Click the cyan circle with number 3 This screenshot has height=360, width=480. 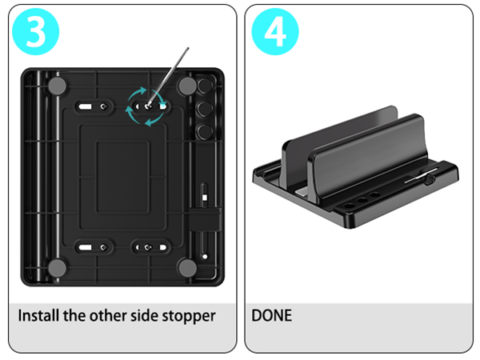click(35, 31)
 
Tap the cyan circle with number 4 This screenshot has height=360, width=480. click(275, 31)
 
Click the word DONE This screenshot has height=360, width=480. click(271, 315)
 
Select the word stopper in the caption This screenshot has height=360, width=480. click(189, 316)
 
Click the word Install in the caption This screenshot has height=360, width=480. click(38, 315)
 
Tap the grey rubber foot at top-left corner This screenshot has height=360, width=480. click(57, 86)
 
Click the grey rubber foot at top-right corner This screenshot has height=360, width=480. click(187, 86)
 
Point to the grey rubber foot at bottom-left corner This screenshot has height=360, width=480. click(57, 268)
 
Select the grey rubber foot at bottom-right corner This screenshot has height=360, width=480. click(187, 268)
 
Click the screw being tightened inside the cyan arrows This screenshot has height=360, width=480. click(148, 106)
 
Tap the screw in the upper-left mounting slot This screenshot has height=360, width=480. click(103, 106)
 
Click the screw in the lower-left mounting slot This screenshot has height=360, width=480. click(103, 247)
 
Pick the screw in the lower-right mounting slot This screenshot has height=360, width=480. click(148, 247)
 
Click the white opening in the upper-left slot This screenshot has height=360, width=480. click(85, 107)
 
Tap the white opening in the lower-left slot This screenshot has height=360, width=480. click(85, 247)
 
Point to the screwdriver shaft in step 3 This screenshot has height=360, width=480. click(168, 77)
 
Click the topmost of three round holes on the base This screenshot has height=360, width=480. click(204, 86)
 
